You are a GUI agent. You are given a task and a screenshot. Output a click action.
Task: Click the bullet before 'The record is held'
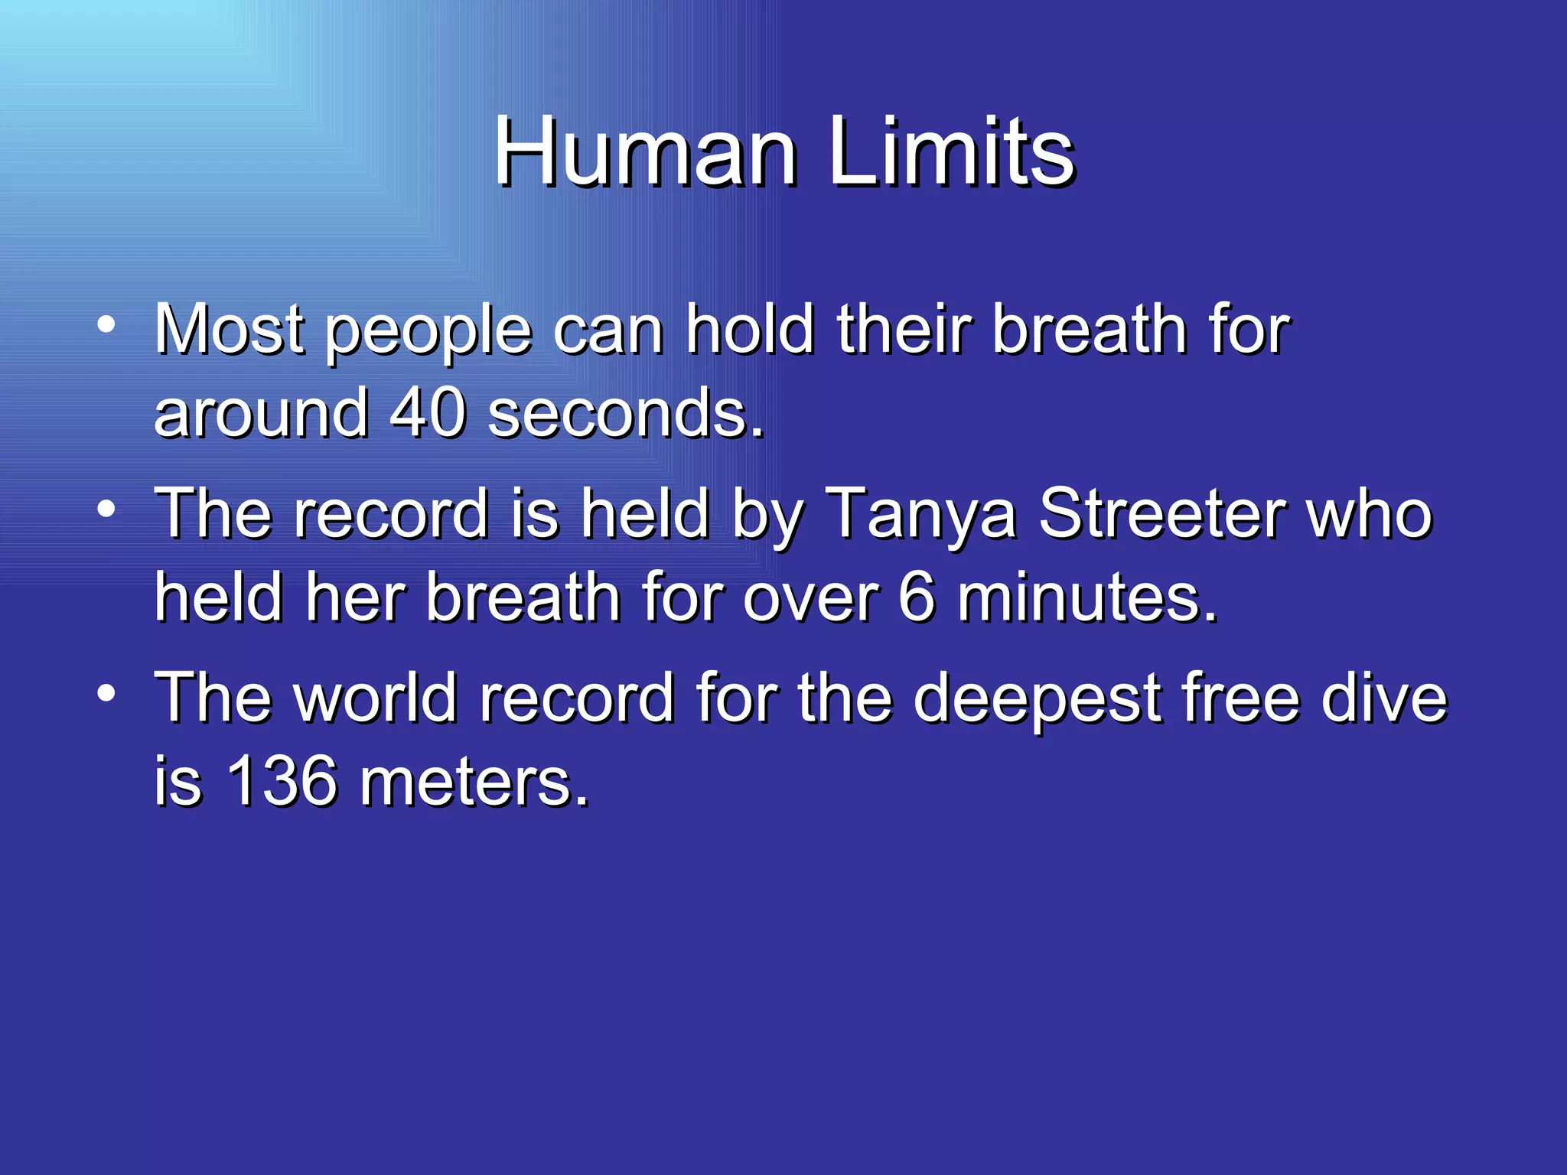[x=106, y=509]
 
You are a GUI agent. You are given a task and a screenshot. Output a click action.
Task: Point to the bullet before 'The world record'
[x=106, y=693]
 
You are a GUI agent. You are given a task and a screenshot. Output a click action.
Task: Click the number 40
[x=428, y=413]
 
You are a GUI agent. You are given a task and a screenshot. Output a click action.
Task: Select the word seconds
[x=625, y=413]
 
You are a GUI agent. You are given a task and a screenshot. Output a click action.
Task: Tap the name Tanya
[x=921, y=514]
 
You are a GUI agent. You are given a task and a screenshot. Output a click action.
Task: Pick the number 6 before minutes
[x=917, y=597]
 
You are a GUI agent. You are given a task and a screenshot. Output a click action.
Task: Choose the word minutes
[x=1086, y=597]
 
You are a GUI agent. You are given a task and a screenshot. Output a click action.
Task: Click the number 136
[x=282, y=781]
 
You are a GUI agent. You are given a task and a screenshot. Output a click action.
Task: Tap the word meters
[x=474, y=781]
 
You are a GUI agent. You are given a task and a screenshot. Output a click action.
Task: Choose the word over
[x=811, y=597]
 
